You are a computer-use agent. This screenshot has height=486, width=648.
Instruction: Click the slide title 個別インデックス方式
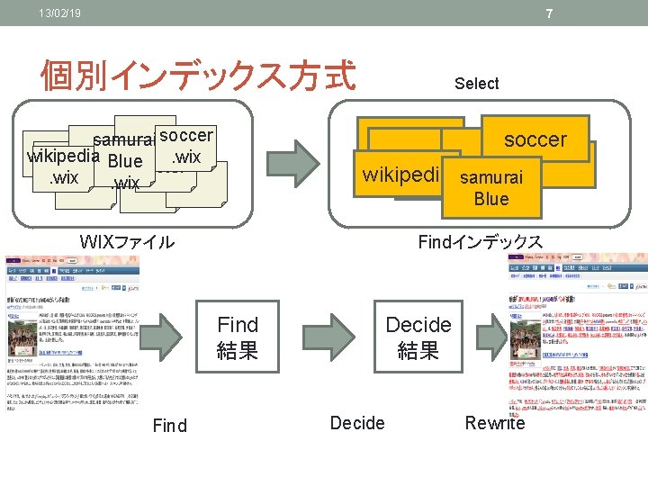pyautogui.click(x=198, y=76)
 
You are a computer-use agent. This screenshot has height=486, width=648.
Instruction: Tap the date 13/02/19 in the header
pyautogui.click(x=59, y=13)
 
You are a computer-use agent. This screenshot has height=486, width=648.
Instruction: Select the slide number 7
pyautogui.click(x=549, y=13)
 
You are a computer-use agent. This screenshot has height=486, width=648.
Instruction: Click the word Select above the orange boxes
pyautogui.click(x=476, y=84)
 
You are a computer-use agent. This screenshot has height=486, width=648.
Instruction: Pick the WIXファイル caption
pyautogui.click(x=127, y=241)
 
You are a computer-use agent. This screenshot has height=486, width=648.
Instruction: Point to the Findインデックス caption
pyautogui.click(x=480, y=241)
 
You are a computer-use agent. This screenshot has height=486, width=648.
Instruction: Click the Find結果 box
pyautogui.click(x=238, y=337)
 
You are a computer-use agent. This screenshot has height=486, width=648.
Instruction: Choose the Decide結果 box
pyautogui.click(x=418, y=337)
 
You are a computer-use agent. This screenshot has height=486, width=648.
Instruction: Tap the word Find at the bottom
pyautogui.click(x=170, y=425)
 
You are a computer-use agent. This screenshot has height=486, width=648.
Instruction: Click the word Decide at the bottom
pyautogui.click(x=357, y=423)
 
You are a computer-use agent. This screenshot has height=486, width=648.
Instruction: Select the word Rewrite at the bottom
pyautogui.click(x=495, y=423)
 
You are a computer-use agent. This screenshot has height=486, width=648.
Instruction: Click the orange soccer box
pyautogui.click(x=535, y=139)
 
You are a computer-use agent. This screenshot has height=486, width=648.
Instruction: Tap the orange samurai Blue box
pyautogui.click(x=490, y=188)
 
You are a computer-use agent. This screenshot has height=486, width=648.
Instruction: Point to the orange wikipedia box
pyautogui.click(x=400, y=174)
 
